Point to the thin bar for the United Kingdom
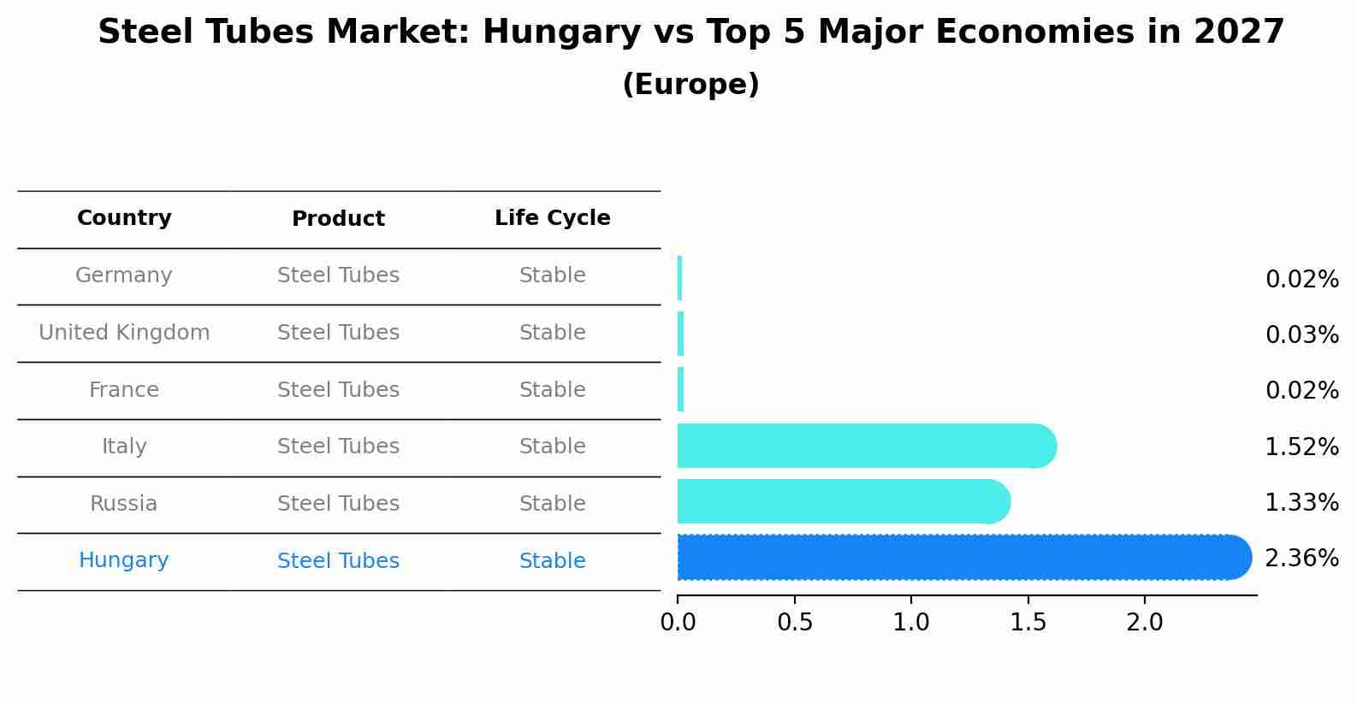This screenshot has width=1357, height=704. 680,334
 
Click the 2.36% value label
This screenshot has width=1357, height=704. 1301,559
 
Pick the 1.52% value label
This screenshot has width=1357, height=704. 1301,447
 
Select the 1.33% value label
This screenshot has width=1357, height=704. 1301,503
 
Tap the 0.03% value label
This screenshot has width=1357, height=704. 1301,335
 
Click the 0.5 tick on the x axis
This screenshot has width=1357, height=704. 795,623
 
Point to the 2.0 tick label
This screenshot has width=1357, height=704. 1145,623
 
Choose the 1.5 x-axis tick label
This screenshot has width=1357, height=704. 1028,623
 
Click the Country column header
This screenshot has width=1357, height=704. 124,218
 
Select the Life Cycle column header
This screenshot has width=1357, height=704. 552,218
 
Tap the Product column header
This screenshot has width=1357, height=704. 338,219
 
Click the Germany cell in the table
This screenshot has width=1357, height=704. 124,275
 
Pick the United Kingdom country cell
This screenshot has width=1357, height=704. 124,333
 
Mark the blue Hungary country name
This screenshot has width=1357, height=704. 124,560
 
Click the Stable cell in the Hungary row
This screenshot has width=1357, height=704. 552,561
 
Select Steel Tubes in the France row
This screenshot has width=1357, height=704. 338,390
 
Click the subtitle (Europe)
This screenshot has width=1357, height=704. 690,85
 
